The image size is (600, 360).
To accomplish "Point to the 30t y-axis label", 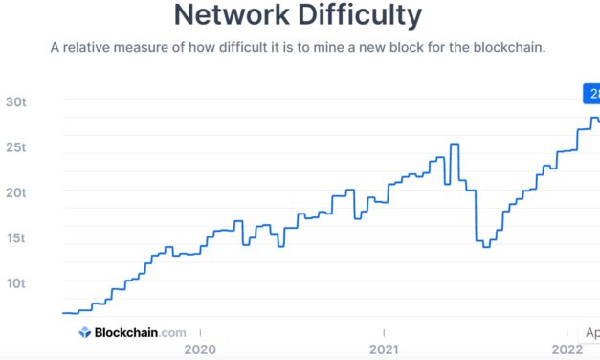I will [x=16, y=102].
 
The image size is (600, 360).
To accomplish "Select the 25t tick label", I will [x=16, y=147].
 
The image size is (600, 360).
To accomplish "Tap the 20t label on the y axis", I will [x=16, y=192].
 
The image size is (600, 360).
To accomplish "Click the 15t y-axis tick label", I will [x=16, y=237].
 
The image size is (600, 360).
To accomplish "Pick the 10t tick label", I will [x=16, y=283].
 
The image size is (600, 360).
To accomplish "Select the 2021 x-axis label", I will [x=384, y=349].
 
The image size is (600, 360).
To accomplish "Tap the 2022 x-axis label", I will [x=568, y=349].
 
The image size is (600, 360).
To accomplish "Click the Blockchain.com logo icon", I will [x=84, y=333].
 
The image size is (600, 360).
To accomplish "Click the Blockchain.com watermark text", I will [x=140, y=333].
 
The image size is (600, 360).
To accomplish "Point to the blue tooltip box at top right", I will [x=591, y=94].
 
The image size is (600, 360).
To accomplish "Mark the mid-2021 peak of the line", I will [x=454, y=145].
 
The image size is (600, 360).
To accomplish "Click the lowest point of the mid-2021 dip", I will [x=486, y=246].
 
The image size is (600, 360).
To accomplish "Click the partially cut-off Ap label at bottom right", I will [x=592, y=333].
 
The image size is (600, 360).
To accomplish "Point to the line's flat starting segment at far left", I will [x=70, y=313].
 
